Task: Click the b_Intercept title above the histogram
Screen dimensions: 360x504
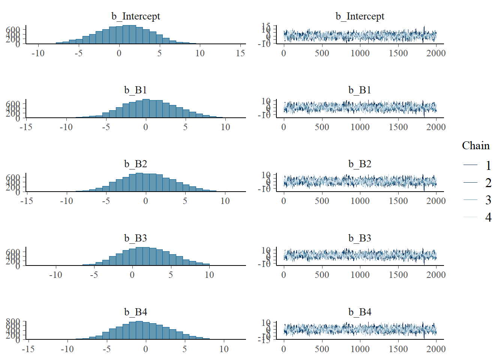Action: tap(135, 16)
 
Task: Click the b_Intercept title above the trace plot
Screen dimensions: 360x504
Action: tap(360, 16)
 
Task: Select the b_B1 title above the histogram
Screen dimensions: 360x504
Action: tap(135, 90)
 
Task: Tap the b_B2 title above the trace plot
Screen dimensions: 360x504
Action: tap(360, 164)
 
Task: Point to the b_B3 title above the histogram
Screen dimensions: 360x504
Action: tap(135, 238)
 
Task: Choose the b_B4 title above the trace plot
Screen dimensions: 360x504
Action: tap(360, 312)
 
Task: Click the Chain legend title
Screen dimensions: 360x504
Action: tap(475, 145)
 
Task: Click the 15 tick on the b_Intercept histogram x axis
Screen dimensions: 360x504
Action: tap(240, 53)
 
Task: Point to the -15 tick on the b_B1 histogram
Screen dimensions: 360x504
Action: tap(26, 127)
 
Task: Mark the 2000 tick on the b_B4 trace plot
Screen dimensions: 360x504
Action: tap(436, 349)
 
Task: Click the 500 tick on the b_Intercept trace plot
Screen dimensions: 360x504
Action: tap(322, 53)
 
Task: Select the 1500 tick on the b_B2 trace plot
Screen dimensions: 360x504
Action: tap(398, 201)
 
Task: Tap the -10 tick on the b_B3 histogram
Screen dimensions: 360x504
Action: tap(55, 275)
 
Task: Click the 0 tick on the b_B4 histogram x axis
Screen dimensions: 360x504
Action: tap(145, 349)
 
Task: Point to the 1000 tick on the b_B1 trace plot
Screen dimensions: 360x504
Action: tap(360, 127)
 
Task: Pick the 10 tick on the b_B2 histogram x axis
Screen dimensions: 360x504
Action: tap(225, 201)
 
